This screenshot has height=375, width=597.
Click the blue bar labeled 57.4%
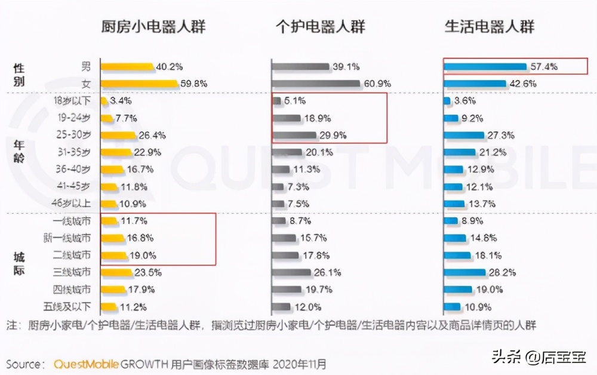(484, 67)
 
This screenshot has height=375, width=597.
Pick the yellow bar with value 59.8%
(139, 84)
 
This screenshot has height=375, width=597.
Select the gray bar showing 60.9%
(316, 84)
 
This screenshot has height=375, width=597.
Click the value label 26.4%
(152, 135)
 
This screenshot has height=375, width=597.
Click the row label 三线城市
(72, 272)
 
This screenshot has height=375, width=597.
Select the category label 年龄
(19, 152)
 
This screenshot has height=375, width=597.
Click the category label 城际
(19, 263)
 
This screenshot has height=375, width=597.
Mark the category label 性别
(19, 75)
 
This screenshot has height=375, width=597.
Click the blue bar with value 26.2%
(464, 273)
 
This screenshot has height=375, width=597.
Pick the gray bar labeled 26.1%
(291, 273)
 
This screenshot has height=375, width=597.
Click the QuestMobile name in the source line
(87, 364)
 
